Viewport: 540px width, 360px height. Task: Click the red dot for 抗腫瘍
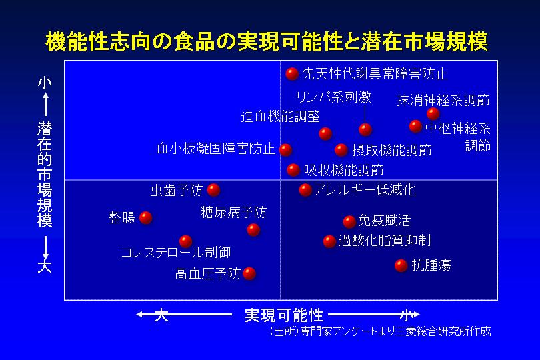(x=401, y=265)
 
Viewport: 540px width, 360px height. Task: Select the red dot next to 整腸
(x=146, y=218)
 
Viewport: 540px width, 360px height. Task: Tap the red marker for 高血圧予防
(x=249, y=273)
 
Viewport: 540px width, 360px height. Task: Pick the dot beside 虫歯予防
(x=213, y=190)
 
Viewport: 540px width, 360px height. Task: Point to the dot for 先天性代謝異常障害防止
(x=292, y=74)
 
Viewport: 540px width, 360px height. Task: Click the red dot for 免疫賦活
(x=349, y=221)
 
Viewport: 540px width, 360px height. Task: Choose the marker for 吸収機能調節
(x=293, y=170)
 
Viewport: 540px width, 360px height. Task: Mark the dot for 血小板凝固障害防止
(x=285, y=150)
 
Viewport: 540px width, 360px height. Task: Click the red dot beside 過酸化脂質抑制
(x=329, y=241)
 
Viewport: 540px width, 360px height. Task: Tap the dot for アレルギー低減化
(x=305, y=190)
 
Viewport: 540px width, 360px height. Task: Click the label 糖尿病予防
(x=234, y=212)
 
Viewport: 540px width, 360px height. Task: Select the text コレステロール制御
(x=175, y=253)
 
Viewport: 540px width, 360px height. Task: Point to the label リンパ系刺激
(x=334, y=97)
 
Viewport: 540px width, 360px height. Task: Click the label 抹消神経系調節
(x=443, y=100)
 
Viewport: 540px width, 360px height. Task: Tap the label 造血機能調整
(x=280, y=117)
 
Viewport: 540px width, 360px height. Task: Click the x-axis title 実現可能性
(x=284, y=315)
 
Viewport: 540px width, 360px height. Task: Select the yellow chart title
(x=267, y=42)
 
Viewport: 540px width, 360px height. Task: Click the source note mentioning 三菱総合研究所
(x=380, y=331)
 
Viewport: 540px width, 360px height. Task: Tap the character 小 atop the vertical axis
(x=45, y=83)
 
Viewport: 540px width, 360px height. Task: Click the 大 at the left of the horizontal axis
(x=161, y=315)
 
